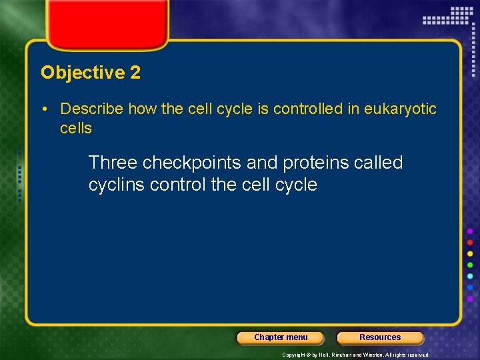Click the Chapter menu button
pyautogui.click(x=281, y=337)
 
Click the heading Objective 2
pyautogui.click(x=91, y=73)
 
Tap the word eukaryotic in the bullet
pyautogui.click(x=400, y=109)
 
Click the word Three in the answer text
pyautogui.click(x=113, y=163)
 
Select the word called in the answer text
pyautogui.click(x=378, y=163)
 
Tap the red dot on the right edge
pyautogui.click(x=471, y=242)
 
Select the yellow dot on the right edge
pyautogui.click(x=471, y=253)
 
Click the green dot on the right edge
pyautogui.click(x=471, y=265)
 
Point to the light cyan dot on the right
pyautogui.click(x=471, y=276)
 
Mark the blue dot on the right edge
pyautogui.click(x=471, y=287)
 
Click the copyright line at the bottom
pyautogui.click(x=355, y=355)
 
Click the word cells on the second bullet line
pyautogui.click(x=76, y=128)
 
